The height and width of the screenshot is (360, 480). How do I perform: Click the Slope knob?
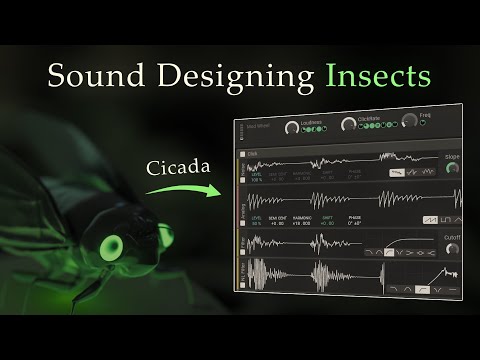pyautogui.click(x=453, y=167)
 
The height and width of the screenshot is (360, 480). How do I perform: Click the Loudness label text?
pyautogui.click(x=311, y=121)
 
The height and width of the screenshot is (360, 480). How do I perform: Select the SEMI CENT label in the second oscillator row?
pyautogui.click(x=278, y=217)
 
